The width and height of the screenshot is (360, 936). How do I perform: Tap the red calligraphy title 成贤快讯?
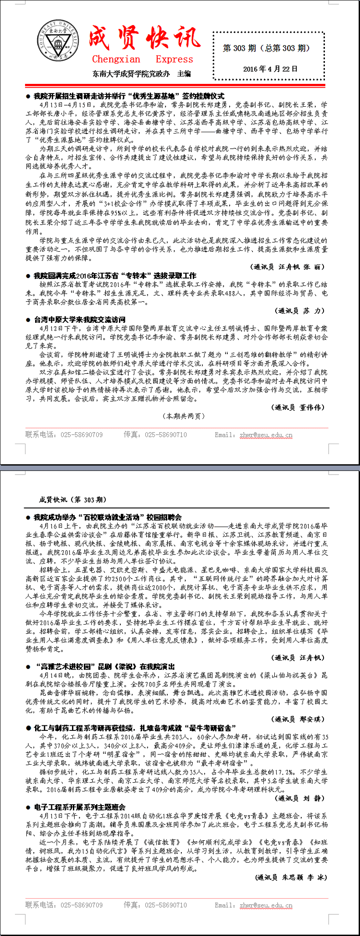point(144,38)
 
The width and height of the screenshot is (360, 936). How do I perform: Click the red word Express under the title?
point(174,59)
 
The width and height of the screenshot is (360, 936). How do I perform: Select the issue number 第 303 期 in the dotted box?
point(239,48)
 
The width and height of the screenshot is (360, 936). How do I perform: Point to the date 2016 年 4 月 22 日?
point(270,69)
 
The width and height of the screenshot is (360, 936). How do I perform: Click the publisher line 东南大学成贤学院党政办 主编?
point(141,73)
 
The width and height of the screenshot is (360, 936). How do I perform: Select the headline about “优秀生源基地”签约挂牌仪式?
point(129,96)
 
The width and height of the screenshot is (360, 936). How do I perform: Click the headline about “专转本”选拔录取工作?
point(115,275)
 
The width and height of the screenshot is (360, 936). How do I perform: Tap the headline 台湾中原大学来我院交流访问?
point(80,320)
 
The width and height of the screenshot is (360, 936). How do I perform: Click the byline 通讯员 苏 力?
point(300,310)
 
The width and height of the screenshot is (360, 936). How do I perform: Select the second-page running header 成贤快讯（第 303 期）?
point(73,500)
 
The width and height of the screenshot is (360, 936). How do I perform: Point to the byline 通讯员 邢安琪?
point(298,719)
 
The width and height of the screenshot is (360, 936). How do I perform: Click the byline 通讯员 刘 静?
point(300,798)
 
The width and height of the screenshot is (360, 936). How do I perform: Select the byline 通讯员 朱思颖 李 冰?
point(292,877)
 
